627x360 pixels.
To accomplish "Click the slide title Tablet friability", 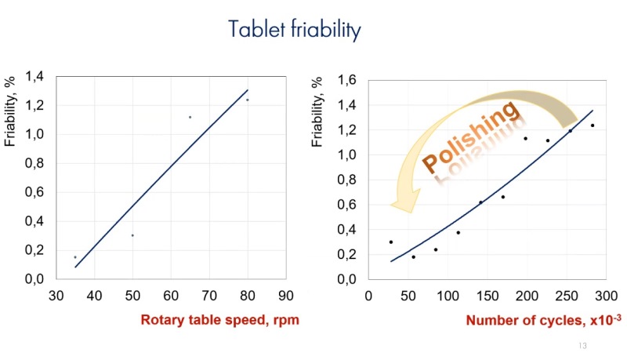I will (294, 30).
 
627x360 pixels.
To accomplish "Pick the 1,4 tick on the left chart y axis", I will (36, 77).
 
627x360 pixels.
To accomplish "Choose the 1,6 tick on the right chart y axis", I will (347, 80).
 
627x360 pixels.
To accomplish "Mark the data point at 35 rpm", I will (75, 257).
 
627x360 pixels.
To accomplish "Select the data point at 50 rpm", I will (132, 235).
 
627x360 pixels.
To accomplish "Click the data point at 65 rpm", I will (190, 117).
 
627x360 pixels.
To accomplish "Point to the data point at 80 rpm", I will (247, 100).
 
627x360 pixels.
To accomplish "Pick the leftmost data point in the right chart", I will (391, 242).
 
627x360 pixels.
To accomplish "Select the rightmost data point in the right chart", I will (592, 125).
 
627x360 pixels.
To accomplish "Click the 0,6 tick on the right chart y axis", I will (347, 205).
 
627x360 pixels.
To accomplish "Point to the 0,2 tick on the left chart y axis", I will (36, 250).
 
